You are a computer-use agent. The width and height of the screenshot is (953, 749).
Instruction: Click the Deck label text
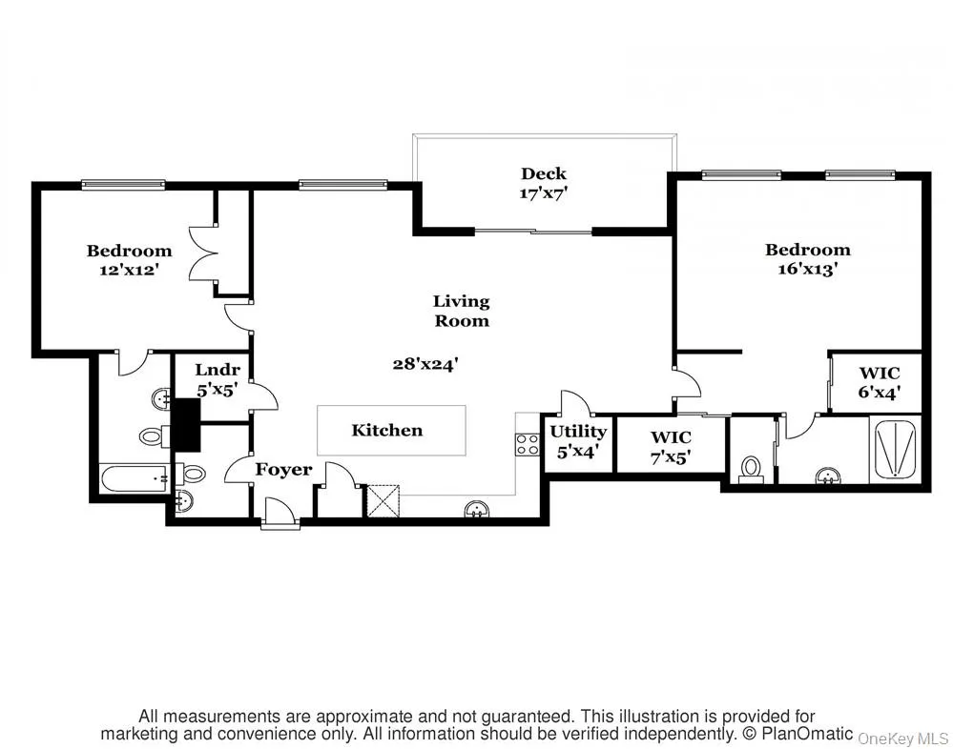coord(543,173)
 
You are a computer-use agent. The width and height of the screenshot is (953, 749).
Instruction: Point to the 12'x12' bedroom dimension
coord(129,270)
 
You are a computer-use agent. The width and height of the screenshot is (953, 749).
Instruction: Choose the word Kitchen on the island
coord(386,431)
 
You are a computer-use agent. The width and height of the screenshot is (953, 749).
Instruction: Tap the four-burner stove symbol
coord(527,443)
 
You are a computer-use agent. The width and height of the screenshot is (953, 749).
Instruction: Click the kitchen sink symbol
coord(477,510)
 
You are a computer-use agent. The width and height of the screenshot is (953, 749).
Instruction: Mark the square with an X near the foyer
coord(382,501)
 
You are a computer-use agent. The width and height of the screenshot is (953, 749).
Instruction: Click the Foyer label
coord(283,470)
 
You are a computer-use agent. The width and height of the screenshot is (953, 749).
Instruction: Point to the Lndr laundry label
coord(217,371)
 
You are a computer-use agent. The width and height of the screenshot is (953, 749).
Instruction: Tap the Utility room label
coord(578,432)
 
